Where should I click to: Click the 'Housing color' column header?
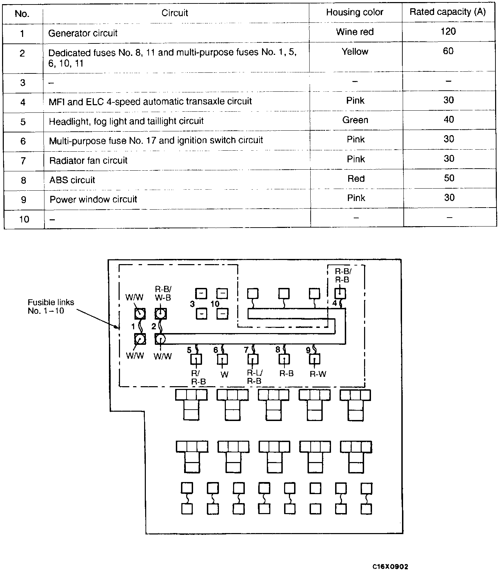click(x=354, y=12)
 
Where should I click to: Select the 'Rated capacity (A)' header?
click(x=448, y=12)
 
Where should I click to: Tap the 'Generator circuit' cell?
click(x=83, y=33)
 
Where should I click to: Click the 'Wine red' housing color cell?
click(x=355, y=32)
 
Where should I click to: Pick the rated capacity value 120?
click(x=448, y=32)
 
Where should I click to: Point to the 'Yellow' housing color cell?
click(x=355, y=52)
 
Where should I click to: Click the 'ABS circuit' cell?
click(x=72, y=180)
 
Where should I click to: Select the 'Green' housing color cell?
click(x=355, y=120)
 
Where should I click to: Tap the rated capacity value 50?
click(x=449, y=178)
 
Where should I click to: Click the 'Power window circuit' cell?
click(x=93, y=200)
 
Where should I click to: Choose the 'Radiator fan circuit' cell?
click(x=88, y=161)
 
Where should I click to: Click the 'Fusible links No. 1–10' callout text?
click(x=51, y=306)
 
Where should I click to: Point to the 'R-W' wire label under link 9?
click(x=318, y=374)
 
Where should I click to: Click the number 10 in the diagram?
click(x=215, y=304)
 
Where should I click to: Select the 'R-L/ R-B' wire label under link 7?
click(x=254, y=377)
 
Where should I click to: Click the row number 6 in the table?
click(x=23, y=141)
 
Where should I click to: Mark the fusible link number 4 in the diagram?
click(x=334, y=303)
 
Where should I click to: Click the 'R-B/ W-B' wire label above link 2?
click(x=163, y=293)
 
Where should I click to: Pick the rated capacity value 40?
click(x=449, y=120)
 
